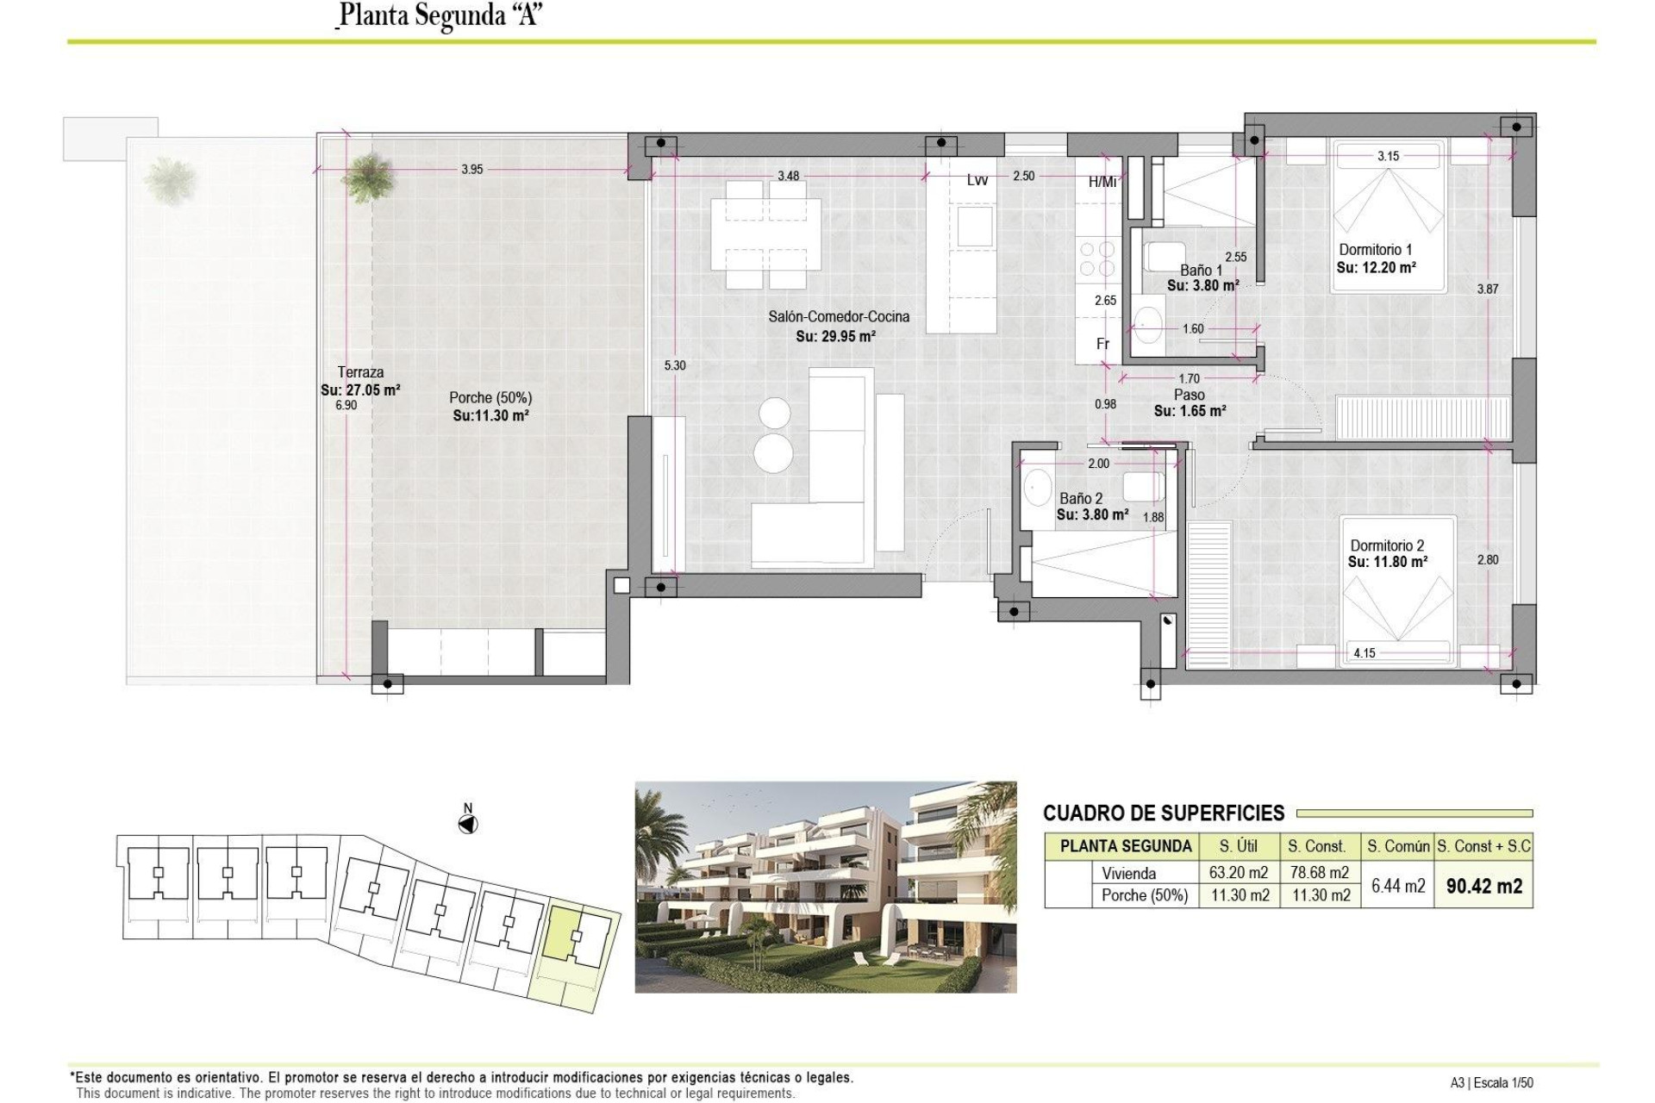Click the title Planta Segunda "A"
click(440, 16)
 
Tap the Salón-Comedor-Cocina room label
click(839, 316)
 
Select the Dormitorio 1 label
click(1375, 250)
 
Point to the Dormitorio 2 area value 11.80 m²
click(1388, 562)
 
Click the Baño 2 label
click(1081, 498)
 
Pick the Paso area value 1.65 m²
click(1190, 411)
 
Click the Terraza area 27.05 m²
click(360, 389)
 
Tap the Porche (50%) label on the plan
click(490, 397)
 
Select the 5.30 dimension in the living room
click(675, 365)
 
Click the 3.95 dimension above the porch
click(472, 169)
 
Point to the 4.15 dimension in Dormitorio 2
click(1365, 653)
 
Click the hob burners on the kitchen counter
click(1095, 259)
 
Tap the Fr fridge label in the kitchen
click(1102, 344)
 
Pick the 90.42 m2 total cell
click(1483, 886)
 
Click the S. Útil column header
click(1239, 846)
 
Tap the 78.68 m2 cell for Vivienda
click(1319, 873)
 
